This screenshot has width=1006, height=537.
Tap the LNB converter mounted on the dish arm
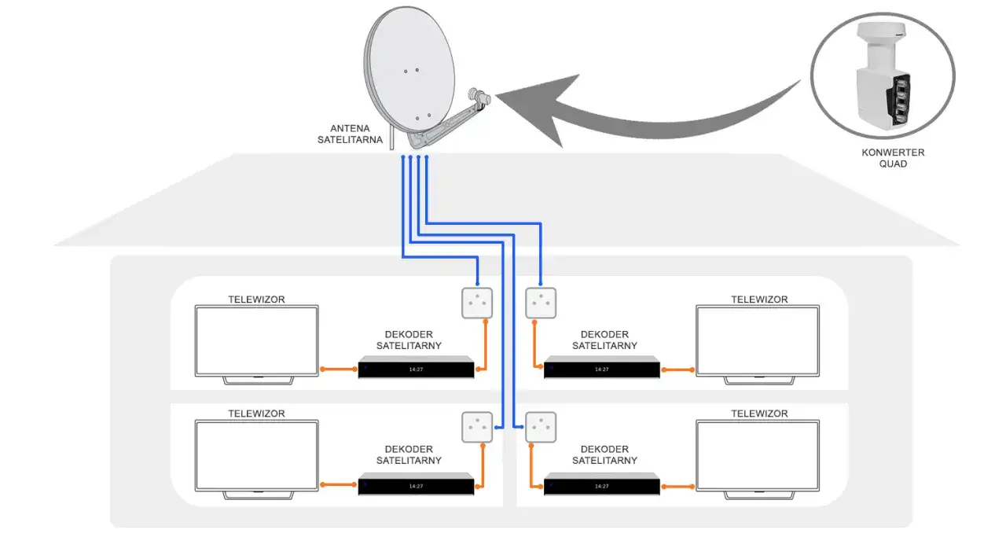pyautogui.click(x=478, y=98)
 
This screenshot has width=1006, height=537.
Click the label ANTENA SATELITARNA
pyautogui.click(x=351, y=134)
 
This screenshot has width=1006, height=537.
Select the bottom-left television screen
pyautogui.click(x=257, y=456)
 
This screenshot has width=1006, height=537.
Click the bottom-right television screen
pyautogui.click(x=758, y=456)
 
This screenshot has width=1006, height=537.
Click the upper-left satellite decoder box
pyautogui.click(x=417, y=368)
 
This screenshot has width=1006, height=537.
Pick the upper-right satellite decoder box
pyautogui.click(x=601, y=368)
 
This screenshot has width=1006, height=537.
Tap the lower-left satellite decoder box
pyautogui.click(x=417, y=485)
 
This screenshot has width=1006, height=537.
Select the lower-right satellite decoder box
pyautogui.click(x=601, y=485)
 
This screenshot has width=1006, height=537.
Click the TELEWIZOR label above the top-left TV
pyautogui.click(x=256, y=300)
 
